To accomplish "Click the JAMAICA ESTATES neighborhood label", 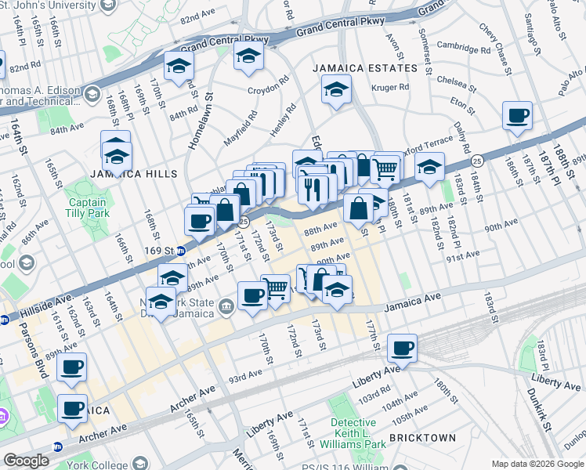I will click(365, 68).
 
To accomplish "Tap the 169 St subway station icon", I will click(180, 251).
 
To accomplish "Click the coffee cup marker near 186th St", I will click(517, 117).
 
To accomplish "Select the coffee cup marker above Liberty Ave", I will click(402, 349).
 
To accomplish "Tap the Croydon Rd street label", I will click(269, 90).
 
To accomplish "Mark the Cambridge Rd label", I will click(458, 47).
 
